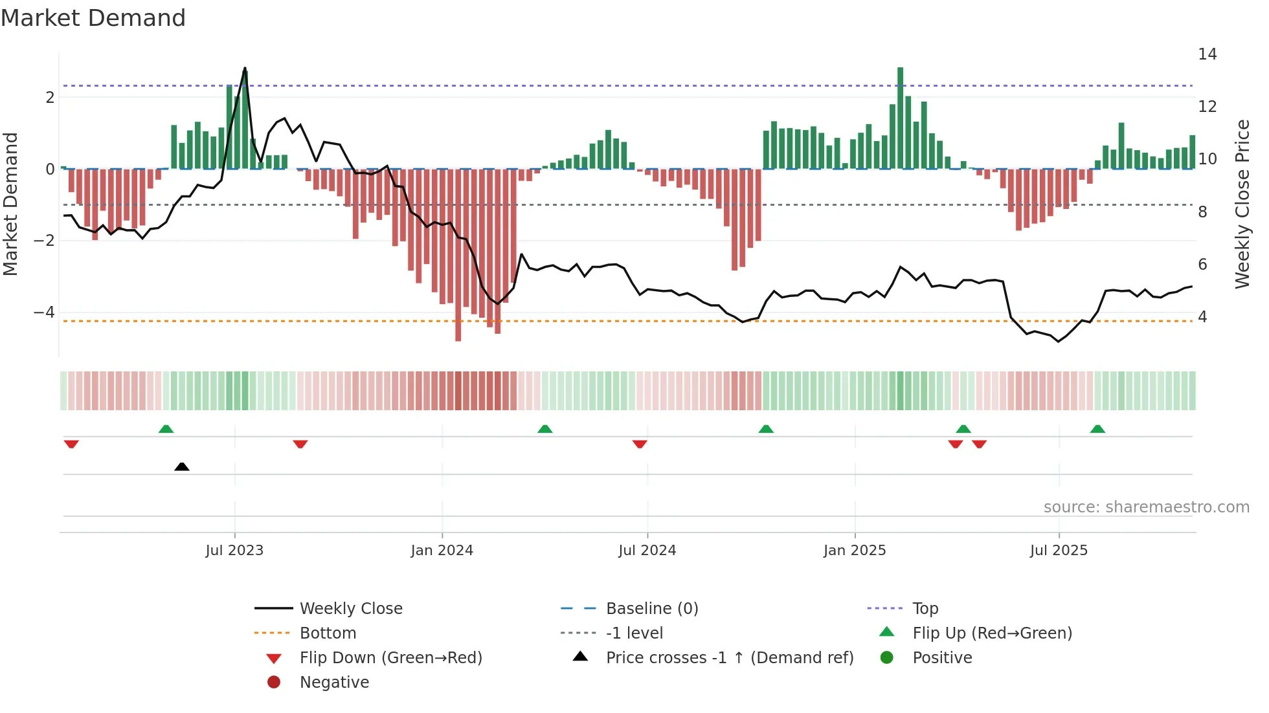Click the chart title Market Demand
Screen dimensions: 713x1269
(x=93, y=18)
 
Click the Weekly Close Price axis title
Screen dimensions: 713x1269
(x=1242, y=204)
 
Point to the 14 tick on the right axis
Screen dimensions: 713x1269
(x=1207, y=54)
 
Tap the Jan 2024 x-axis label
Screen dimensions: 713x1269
(x=442, y=551)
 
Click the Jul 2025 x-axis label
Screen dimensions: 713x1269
(x=1059, y=551)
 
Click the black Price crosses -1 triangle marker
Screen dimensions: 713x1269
(x=182, y=466)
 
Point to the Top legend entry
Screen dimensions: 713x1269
(x=925, y=609)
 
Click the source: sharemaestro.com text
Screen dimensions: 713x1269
(x=1146, y=507)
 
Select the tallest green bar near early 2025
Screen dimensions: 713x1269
(x=900, y=116)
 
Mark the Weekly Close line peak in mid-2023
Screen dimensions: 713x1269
(x=245, y=68)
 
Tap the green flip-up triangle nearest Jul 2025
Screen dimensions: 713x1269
(x=1097, y=429)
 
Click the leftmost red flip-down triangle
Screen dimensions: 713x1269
(x=71, y=444)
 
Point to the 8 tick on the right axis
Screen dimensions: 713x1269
(x=1202, y=212)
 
